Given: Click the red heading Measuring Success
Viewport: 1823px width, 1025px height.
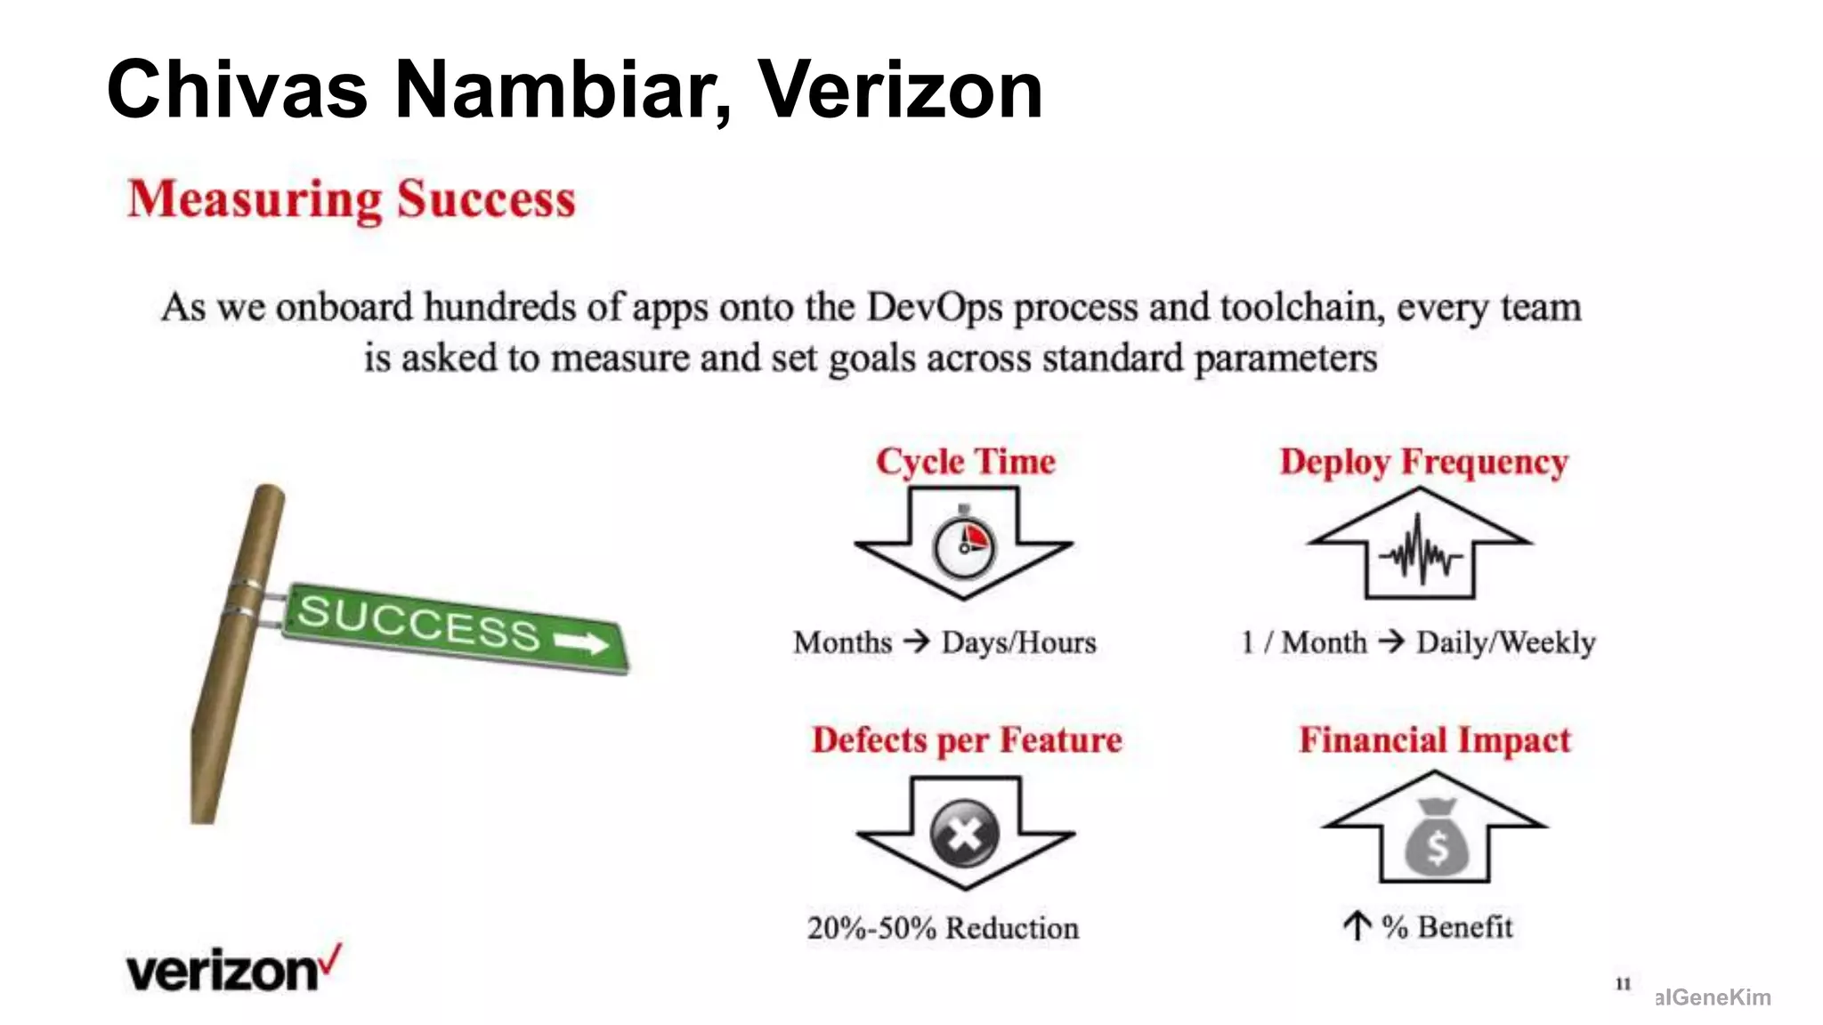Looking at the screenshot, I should tap(352, 199).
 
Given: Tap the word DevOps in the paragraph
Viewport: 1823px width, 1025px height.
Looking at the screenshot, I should tap(935, 307).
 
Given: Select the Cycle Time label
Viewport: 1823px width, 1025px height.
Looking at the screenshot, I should tap(966, 461).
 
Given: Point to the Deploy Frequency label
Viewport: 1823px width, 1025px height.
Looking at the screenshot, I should tap(1423, 461).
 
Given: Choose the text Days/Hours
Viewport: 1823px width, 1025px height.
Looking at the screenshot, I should tap(1019, 642).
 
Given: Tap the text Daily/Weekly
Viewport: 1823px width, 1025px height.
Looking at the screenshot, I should tap(1505, 642).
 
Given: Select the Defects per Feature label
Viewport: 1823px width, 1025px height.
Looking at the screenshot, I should tap(967, 740).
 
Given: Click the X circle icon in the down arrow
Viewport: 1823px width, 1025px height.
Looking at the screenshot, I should tap(964, 834).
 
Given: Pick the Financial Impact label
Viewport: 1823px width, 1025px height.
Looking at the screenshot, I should tap(1435, 740).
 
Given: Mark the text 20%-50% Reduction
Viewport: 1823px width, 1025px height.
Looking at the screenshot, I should tap(943, 928).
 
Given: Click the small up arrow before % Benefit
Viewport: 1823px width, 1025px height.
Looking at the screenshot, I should tap(1356, 926).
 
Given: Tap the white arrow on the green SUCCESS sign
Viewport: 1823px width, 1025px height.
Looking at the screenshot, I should tap(581, 642).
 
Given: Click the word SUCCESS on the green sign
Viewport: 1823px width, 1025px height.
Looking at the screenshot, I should tap(418, 622).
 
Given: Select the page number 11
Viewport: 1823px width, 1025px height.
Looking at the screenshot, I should tap(1623, 984).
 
